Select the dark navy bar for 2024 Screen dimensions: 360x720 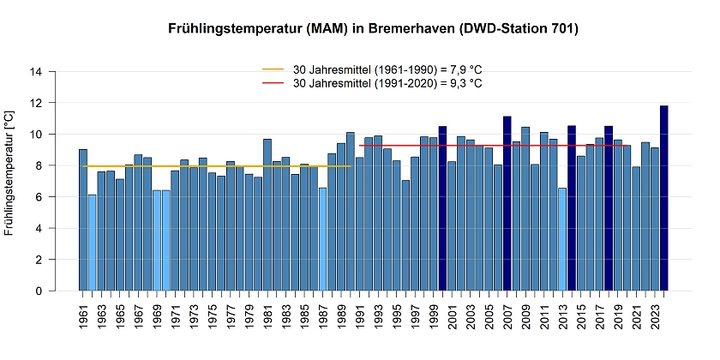[663, 198]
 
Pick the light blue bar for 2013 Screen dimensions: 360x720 [562, 239]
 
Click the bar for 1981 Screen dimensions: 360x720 [267, 214]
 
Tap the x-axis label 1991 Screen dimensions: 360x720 [360, 317]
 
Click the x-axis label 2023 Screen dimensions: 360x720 [654, 317]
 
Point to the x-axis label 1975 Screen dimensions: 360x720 [213, 317]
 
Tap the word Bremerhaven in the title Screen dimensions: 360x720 [411, 29]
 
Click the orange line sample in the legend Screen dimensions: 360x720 [273, 69]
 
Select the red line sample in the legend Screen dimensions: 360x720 [273, 83]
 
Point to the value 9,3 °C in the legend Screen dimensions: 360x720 [461, 83]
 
